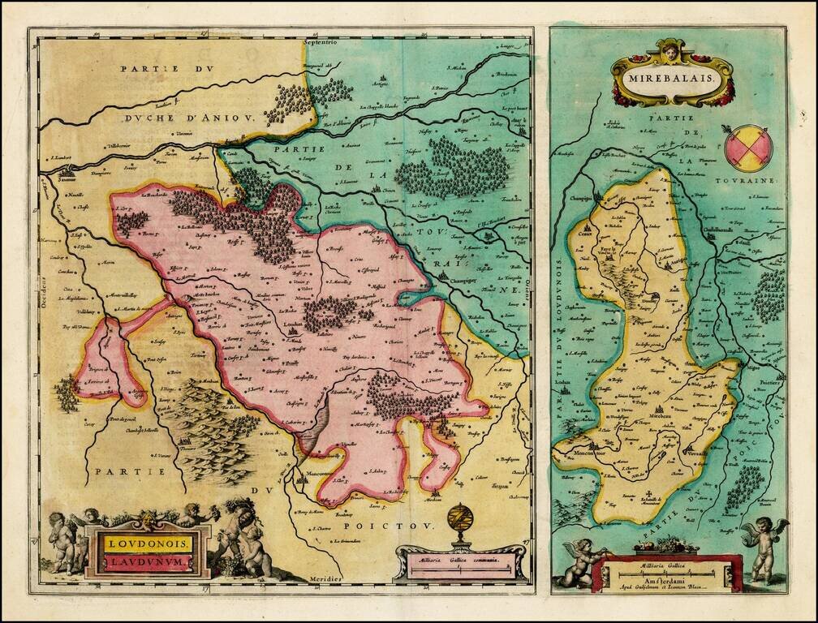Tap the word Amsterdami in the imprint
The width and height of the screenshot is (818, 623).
[668, 570]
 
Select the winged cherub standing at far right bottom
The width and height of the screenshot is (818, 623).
[763, 548]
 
